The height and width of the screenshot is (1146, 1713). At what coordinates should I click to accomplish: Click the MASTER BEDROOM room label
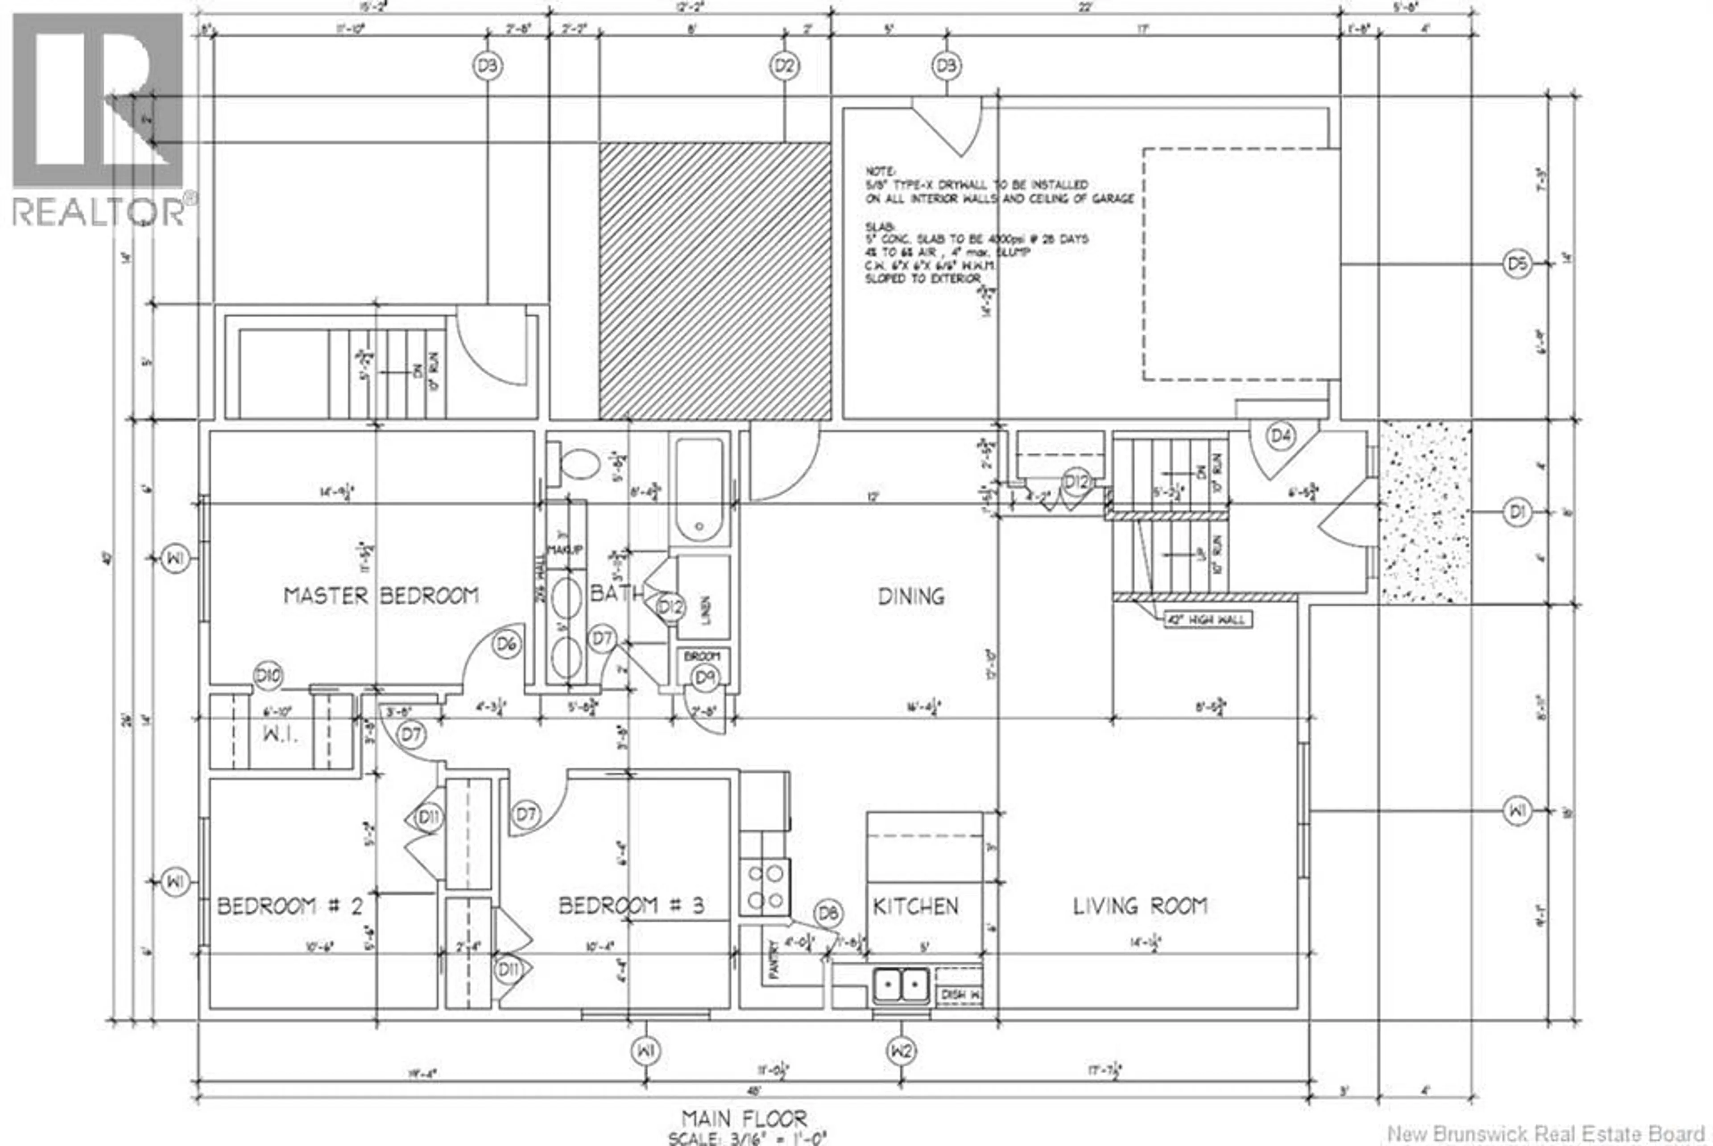click(x=381, y=596)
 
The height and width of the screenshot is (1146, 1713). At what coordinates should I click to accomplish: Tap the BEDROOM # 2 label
click(x=290, y=906)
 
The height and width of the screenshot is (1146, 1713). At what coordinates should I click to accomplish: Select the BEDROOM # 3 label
click(x=631, y=906)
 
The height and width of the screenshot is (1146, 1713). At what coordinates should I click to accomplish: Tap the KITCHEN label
click(x=915, y=906)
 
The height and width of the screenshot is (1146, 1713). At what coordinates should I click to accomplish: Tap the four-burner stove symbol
click(x=765, y=886)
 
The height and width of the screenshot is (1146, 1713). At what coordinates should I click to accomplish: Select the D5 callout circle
click(x=1517, y=263)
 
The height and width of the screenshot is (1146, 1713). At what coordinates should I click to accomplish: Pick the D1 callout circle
click(x=1517, y=513)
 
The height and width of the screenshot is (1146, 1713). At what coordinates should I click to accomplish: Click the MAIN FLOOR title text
click(x=744, y=1118)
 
